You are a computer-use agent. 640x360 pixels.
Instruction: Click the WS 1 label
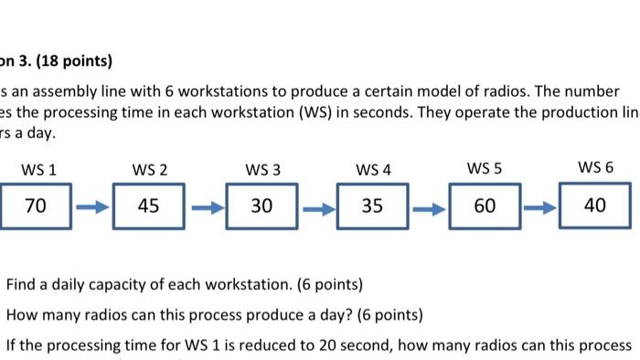tap(38, 169)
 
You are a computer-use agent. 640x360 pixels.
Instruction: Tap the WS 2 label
tap(150, 169)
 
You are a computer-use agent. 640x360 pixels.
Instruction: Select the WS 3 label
tap(262, 169)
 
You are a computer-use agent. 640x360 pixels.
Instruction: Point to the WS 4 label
tap(373, 169)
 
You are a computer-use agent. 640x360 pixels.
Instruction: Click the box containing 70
tap(35, 206)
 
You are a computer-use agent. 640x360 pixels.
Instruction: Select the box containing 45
tap(149, 206)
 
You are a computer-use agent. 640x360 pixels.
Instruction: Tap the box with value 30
tap(261, 206)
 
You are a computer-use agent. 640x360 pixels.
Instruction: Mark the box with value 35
tap(372, 206)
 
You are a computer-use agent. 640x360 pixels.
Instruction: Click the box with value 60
tap(485, 206)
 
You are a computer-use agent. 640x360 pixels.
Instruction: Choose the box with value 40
tap(595, 206)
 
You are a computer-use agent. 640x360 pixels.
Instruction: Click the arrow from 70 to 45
tap(91, 208)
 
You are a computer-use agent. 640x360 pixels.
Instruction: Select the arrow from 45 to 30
tap(206, 208)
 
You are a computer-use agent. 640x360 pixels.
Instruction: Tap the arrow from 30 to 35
tap(316, 208)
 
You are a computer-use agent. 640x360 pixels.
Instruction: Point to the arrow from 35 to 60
tap(429, 208)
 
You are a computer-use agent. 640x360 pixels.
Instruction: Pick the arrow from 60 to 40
tap(539, 207)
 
